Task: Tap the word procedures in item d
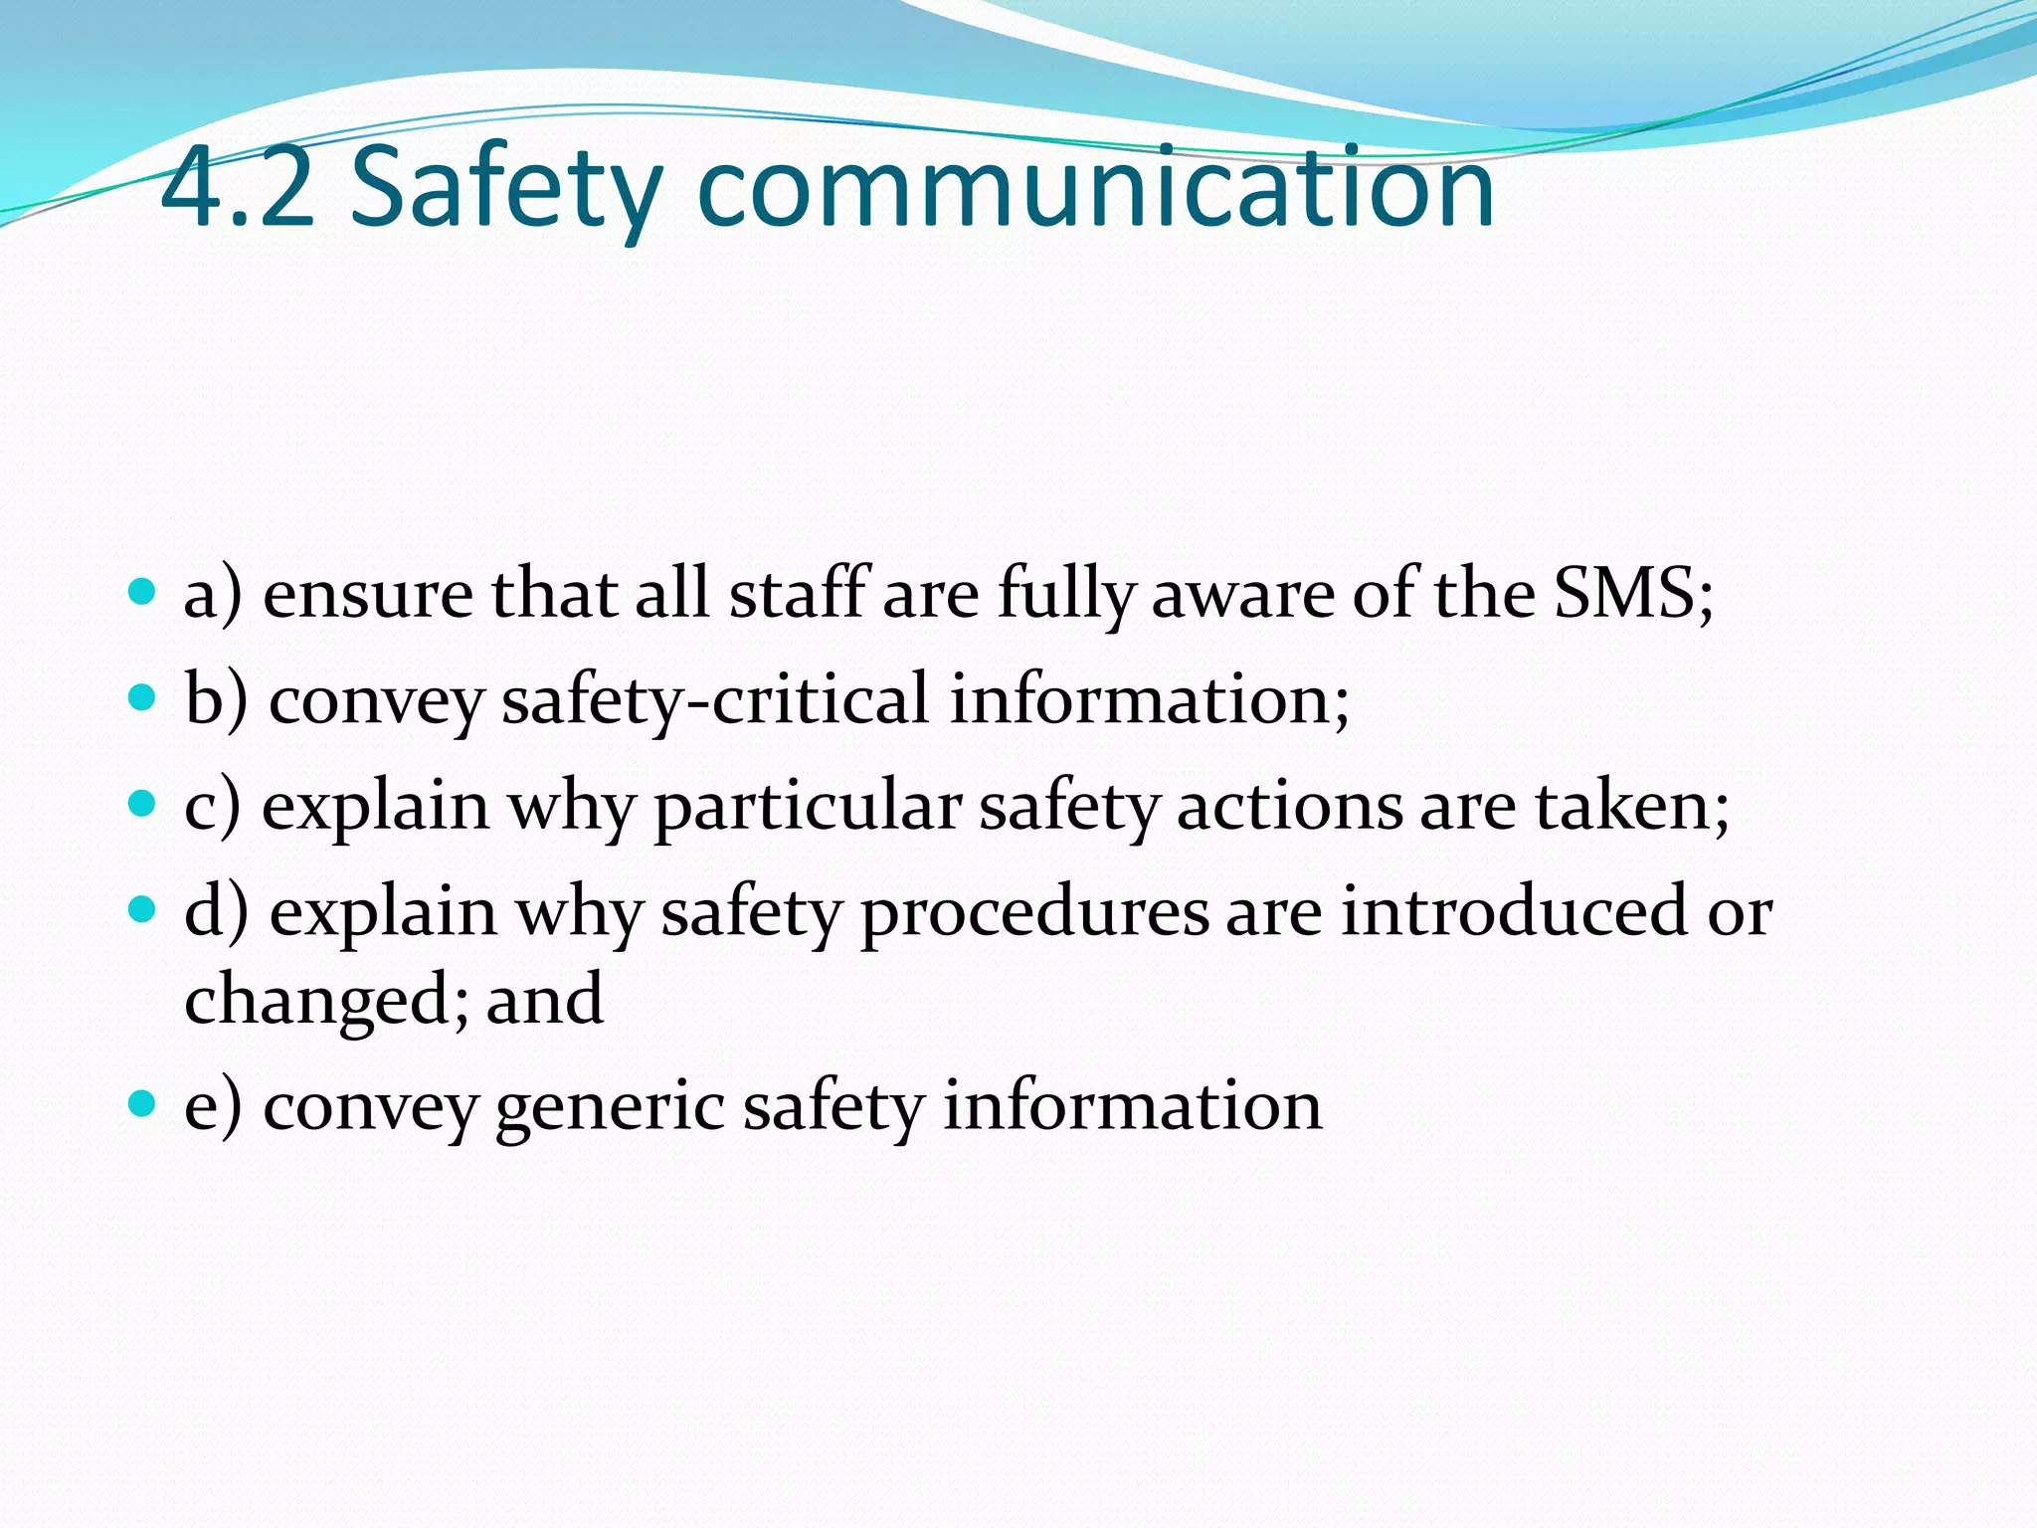tap(1034, 913)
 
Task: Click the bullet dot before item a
tap(143, 592)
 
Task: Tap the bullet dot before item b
tap(143, 697)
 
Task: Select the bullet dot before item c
tap(143, 803)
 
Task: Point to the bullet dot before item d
tap(143, 909)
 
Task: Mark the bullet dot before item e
tap(143, 1103)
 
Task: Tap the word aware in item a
tap(1242, 596)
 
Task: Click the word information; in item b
tap(1149, 700)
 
